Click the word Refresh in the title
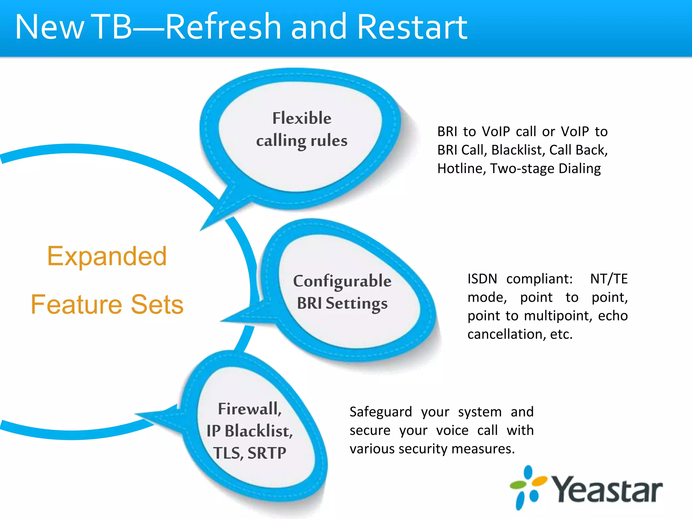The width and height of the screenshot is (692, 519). pyautogui.click(x=223, y=27)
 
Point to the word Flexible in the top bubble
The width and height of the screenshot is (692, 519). pyautogui.click(x=302, y=118)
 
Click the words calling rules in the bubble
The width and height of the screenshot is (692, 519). pyautogui.click(x=302, y=141)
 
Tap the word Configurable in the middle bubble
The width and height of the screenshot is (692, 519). pyautogui.click(x=342, y=281)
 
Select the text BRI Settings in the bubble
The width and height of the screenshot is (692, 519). pyautogui.click(x=342, y=303)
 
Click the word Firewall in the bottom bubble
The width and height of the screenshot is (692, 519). pyautogui.click(x=249, y=409)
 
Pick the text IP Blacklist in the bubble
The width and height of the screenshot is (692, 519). pyautogui.click(x=249, y=431)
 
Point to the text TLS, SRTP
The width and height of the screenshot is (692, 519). pyautogui.click(x=249, y=453)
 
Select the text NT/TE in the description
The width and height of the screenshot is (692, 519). pyautogui.click(x=609, y=279)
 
